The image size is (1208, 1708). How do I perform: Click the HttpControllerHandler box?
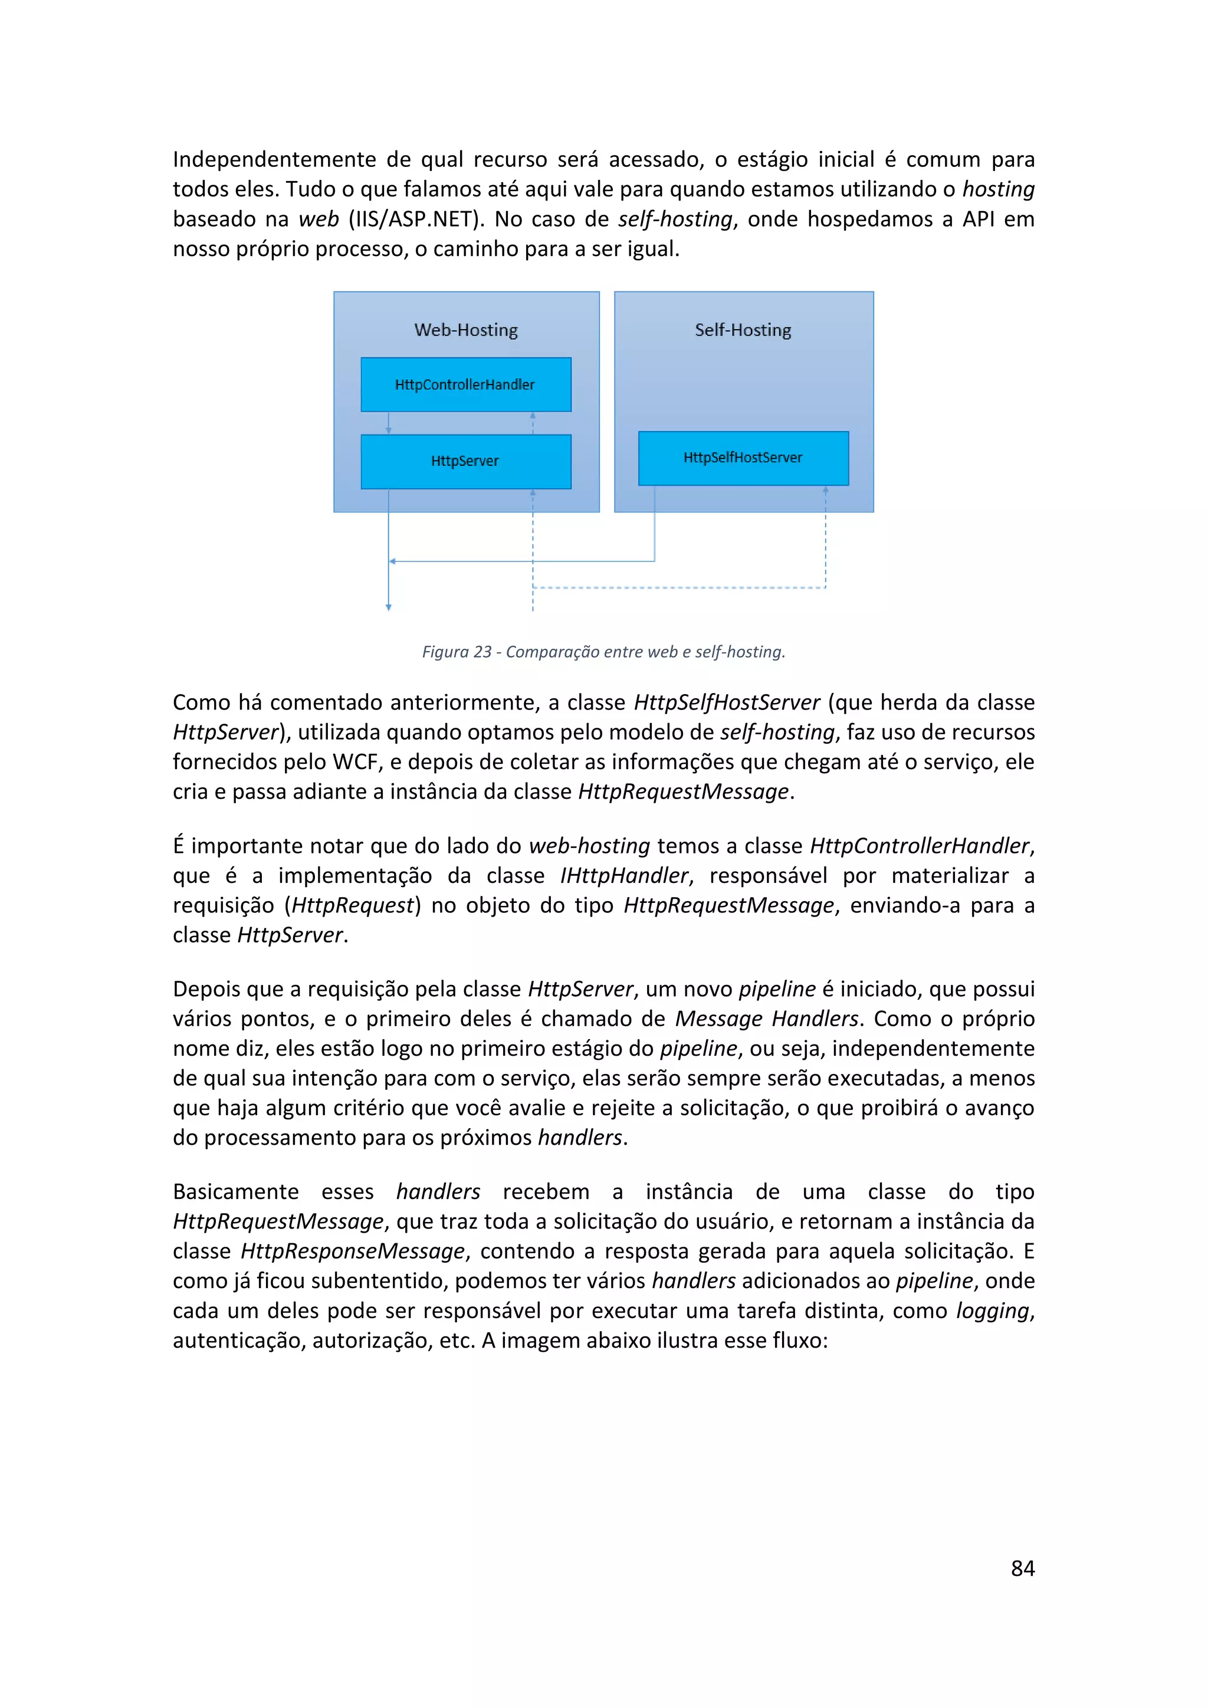tap(465, 385)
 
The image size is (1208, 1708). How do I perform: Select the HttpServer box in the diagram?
tap(465, 461)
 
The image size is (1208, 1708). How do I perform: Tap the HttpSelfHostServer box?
tap(743, 458)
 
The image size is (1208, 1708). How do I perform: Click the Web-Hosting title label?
tap(465, 330)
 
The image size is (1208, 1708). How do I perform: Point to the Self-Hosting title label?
tap(743, 330)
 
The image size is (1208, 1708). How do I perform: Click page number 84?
tap(1022, 1568)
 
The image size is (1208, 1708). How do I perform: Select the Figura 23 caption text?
tap(603, 652)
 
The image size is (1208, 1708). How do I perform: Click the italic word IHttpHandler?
tap(624, 876)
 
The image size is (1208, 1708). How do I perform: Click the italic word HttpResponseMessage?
tap(353, 1252)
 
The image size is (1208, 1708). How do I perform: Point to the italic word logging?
tap(992, 1310)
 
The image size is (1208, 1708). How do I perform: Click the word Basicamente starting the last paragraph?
tap(236, 1192)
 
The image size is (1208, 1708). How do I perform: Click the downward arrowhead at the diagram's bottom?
tap(388, 608)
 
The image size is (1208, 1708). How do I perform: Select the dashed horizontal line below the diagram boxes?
tap(678, 587)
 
